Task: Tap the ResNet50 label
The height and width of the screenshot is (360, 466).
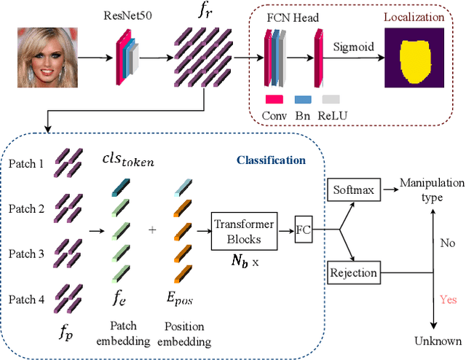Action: pos(122,12)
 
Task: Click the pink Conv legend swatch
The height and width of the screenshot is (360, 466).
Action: pos(274,98)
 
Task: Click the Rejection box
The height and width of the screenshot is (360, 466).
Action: pos(355,273)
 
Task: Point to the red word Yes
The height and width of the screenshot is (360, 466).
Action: pos(449,298)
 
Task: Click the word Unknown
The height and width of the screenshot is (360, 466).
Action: pos(438,340)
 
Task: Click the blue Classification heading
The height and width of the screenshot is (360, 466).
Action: pos(270,160)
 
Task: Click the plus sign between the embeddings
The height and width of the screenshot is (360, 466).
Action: pos(153,229)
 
